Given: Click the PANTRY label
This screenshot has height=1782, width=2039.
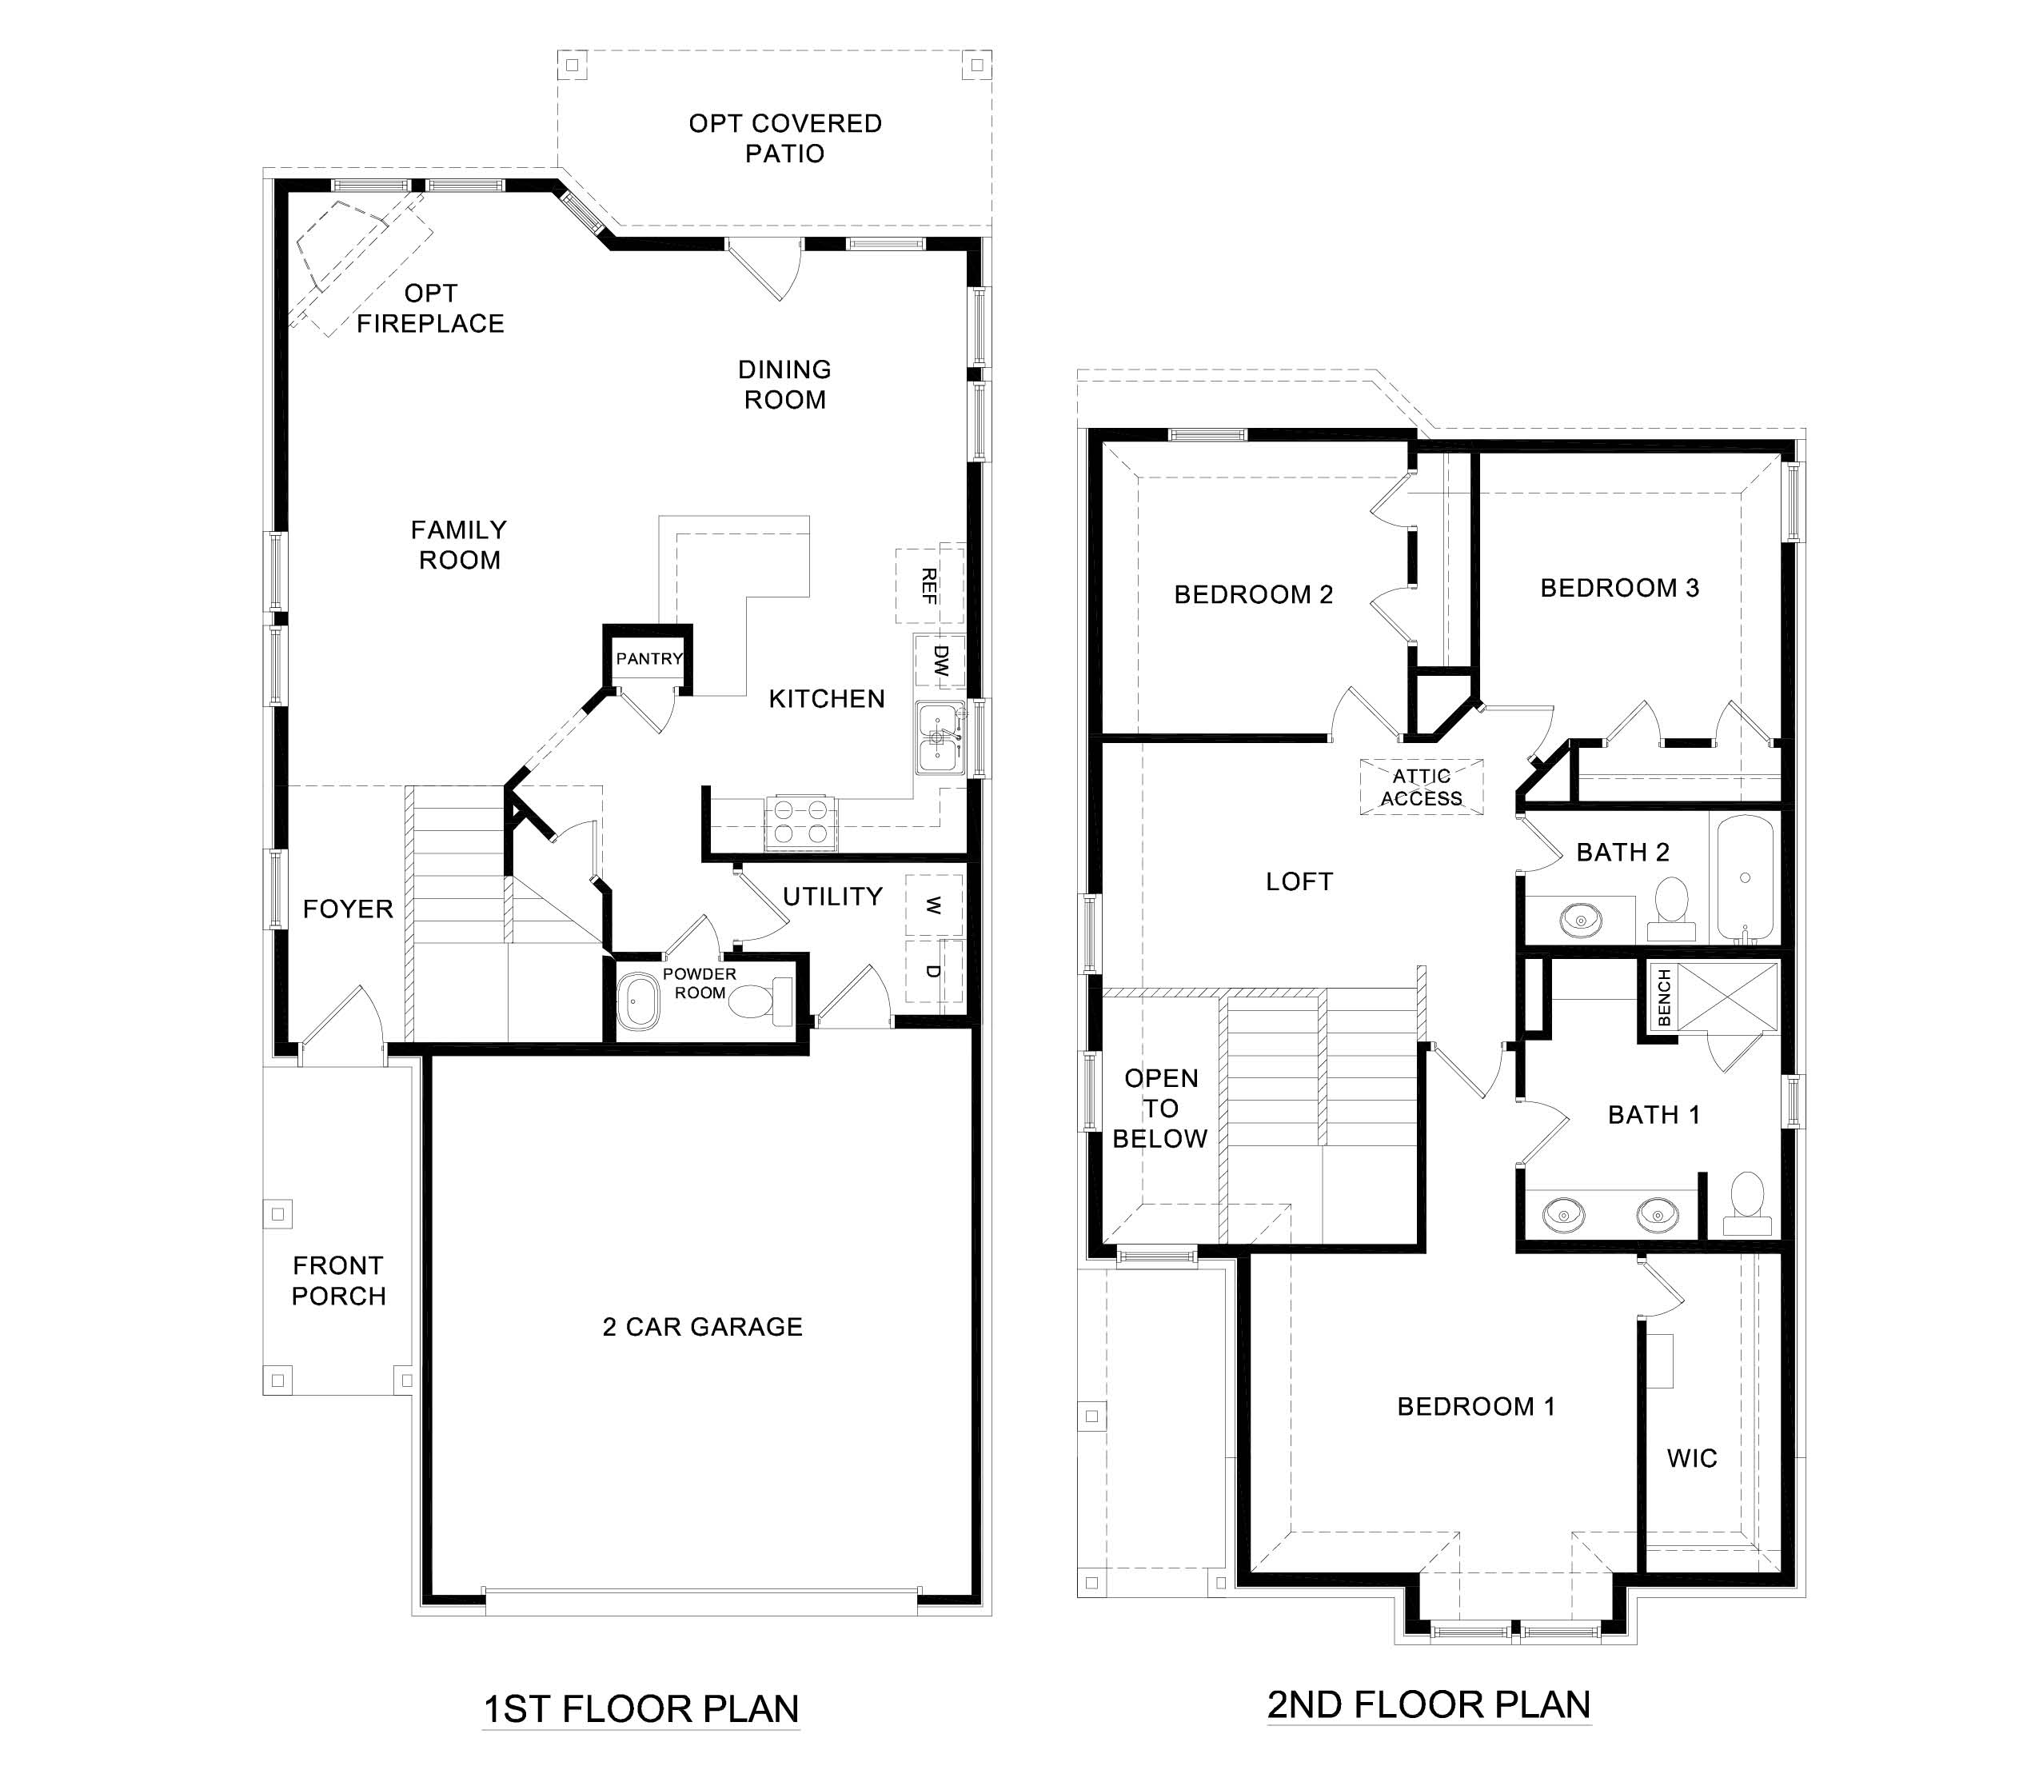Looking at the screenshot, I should [649, 658].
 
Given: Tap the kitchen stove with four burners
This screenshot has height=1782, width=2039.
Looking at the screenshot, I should [801, 821].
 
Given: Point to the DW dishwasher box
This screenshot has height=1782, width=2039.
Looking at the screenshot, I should [940, 661].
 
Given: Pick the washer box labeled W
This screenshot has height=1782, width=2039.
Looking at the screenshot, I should [933, 905].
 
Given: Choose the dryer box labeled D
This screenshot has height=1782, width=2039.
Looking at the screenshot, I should [933, 970].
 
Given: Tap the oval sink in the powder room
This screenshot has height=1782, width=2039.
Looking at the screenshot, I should [637, 1001].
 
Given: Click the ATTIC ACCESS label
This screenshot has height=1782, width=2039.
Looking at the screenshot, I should [1421, 786].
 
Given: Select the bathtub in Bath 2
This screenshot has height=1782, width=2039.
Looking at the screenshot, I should [1746, 878].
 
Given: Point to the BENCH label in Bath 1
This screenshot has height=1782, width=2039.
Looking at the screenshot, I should [1664, 997].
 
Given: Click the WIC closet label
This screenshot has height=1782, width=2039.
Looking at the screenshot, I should [1692, 1458].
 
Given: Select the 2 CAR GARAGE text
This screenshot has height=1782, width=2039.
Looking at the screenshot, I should [702, 1327].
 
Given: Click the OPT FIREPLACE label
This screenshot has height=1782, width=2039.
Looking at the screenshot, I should [430, 308].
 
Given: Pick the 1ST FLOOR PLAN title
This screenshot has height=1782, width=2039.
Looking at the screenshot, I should [640, 1708].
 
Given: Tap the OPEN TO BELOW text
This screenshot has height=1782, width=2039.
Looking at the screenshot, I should [1160, 1108].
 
